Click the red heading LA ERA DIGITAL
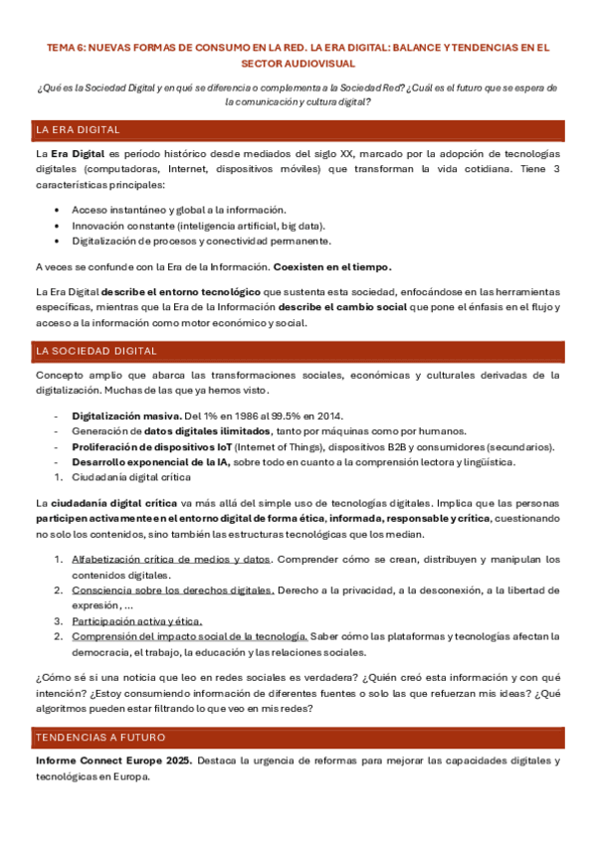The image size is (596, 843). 78,130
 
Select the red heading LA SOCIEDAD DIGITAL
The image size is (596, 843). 96,351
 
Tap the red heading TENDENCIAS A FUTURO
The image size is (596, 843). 100,738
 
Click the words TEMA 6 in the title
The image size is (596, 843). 70,47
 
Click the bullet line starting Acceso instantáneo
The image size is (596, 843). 178,210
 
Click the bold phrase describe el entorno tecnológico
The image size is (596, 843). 181,291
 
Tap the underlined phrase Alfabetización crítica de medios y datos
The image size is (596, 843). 170,560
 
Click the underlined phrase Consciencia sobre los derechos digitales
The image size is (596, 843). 172,590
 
